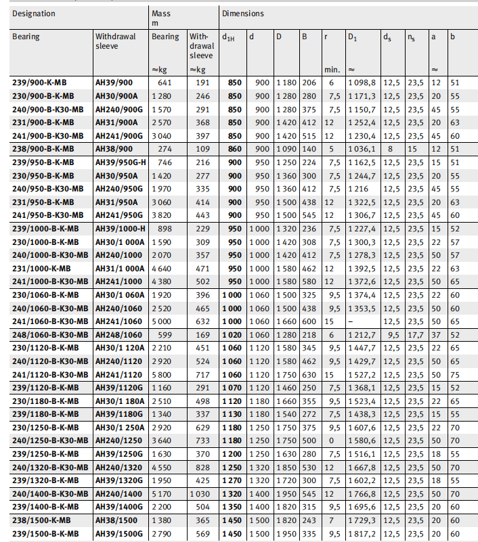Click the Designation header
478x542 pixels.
(x=34, y=14)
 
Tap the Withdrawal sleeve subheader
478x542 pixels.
(x=115, y=41)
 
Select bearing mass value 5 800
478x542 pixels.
(x=165, y=374)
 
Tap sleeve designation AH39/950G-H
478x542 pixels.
(x=121, y=162)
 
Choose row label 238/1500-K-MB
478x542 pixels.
(x=43, y=520)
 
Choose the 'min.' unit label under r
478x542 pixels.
(x=331, y=69)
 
